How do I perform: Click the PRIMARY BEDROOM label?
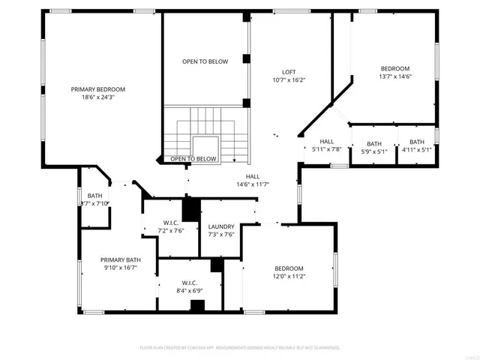97,89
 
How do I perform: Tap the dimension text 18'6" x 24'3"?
97,97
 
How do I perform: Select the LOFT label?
289,71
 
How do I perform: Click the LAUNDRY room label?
221,226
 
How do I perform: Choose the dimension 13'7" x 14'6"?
395,76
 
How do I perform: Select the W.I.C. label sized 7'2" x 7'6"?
169,223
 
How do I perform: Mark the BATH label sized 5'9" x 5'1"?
373,142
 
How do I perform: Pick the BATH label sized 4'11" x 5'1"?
416,142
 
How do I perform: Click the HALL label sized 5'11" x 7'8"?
327,141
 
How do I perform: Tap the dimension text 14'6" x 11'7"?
253,184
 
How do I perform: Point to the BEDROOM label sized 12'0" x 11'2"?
289,268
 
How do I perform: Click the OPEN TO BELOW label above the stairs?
205,61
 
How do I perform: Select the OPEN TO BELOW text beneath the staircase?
193,159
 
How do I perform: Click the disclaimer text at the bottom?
240,347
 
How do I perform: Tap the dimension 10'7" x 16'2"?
289,79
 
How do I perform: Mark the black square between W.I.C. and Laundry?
190,208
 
